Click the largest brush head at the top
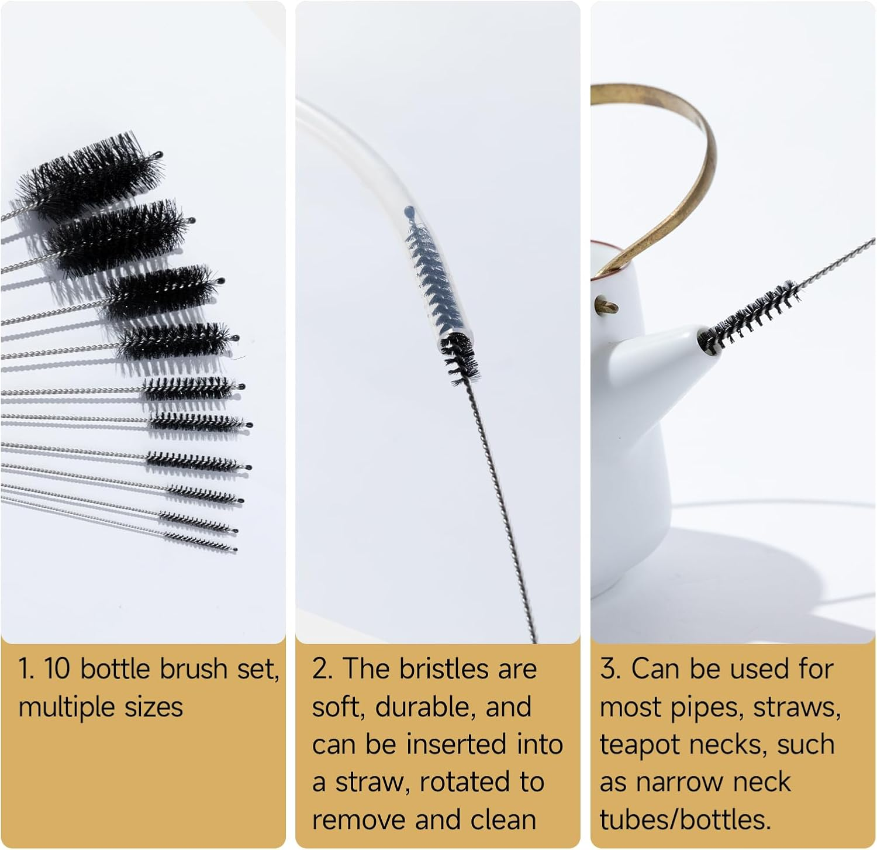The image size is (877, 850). (88, 175)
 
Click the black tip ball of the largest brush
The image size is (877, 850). (158, 155)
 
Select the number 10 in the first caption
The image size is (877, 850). (57, 669)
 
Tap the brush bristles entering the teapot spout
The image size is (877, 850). (748, 313)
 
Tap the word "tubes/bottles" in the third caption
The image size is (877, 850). (685, 820)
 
